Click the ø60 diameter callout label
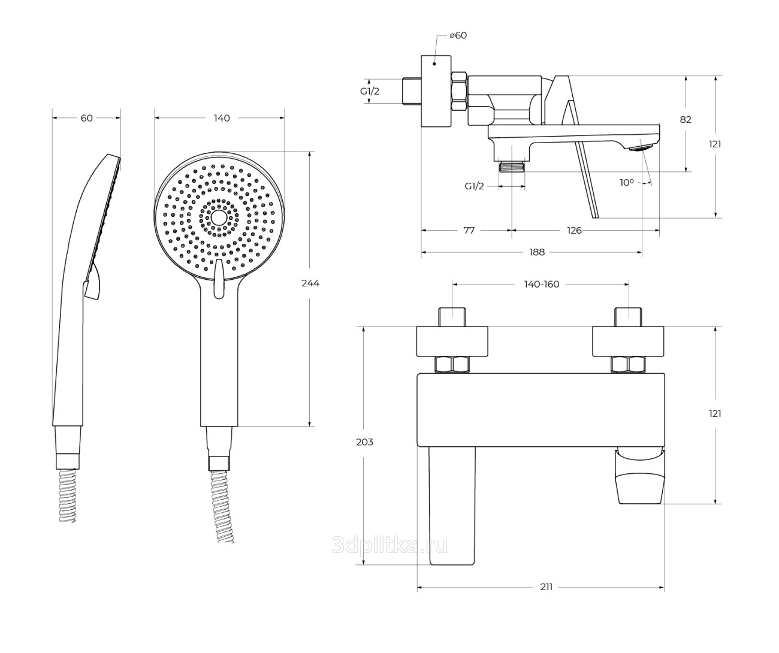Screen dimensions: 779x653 click(x=458, y=35)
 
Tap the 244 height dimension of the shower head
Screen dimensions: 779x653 click(x=310, y=283)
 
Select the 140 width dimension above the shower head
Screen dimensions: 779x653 click(x=222, y=118)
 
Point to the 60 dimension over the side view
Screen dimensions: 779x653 click(x=86, y=118)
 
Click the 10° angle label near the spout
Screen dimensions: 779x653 click(x=627, y=183)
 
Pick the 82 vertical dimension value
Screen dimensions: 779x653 click(x=686, y=120)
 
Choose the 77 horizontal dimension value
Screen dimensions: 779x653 click(x=469, y=231)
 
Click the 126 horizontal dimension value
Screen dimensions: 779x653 click(x=574, y=231)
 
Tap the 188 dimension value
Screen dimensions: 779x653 click(x=537, y=252)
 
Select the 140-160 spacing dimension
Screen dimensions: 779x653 click(x=542, y=284)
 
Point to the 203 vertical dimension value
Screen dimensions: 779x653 click(x=364, y=442)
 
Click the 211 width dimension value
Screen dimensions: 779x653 click(x=546, y=587)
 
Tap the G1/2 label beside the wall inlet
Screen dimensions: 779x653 click(x=369, y=91)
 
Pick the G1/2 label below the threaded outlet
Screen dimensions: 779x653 click(x=474, y=186)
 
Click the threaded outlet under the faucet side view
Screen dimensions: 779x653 click(x=512, y=166)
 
